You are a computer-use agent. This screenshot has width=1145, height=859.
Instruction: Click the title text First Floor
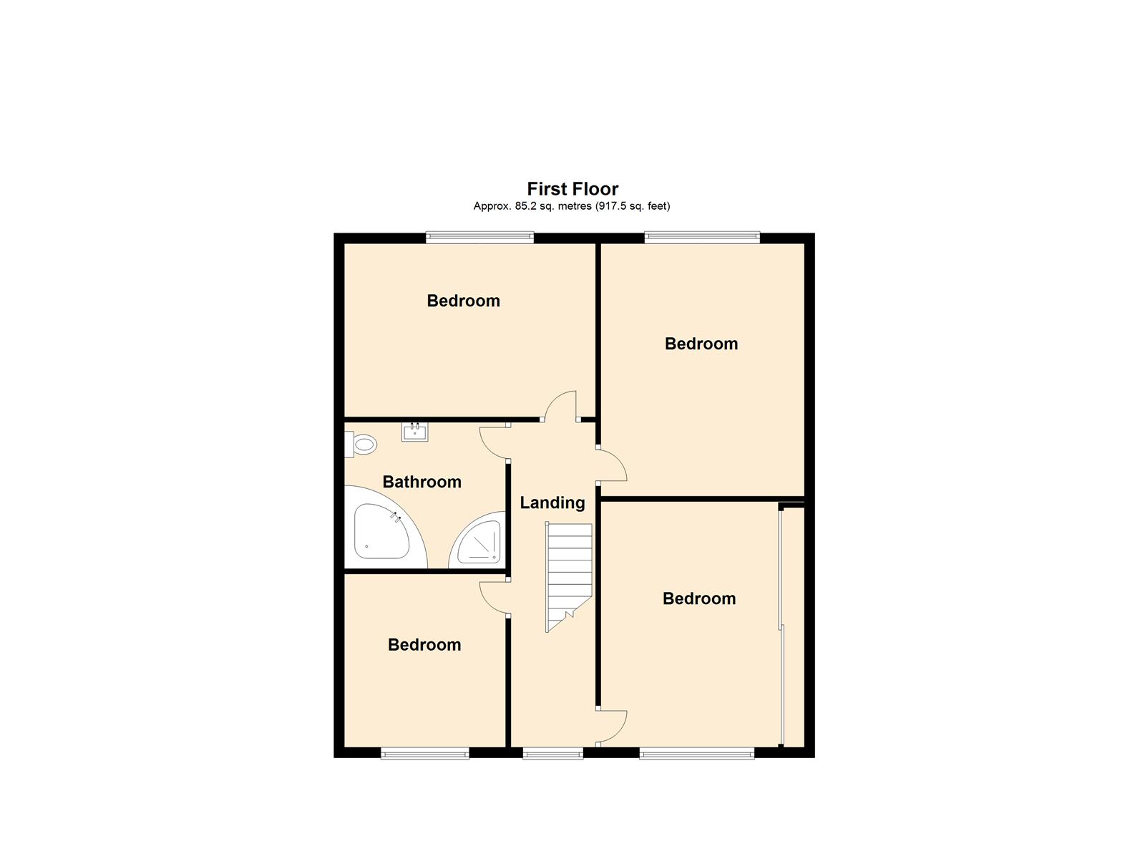[x=572, y=189]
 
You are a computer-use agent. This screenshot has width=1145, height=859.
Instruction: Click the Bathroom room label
[x=422, y=482]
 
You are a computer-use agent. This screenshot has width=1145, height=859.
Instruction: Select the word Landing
[x=552, y=503]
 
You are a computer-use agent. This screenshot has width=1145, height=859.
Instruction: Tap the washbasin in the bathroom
[x=414, y=432]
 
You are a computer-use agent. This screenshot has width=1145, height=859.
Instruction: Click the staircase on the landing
[x=570, y=573]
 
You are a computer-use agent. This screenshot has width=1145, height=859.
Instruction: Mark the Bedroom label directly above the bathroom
[x=463, y=301]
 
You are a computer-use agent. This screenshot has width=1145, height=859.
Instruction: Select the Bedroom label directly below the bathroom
[x=424, y=644]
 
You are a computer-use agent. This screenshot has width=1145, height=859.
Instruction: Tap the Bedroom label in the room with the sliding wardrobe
[x=698, y=598]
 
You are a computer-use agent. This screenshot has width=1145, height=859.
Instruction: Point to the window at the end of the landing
[x=552, y=752]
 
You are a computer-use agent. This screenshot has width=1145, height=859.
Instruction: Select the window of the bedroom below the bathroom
[x=424, y=752]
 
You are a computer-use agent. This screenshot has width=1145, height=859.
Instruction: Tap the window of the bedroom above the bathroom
[x=479, y=238]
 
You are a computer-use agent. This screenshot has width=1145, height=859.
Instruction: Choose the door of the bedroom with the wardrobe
[x=613, y=726]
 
